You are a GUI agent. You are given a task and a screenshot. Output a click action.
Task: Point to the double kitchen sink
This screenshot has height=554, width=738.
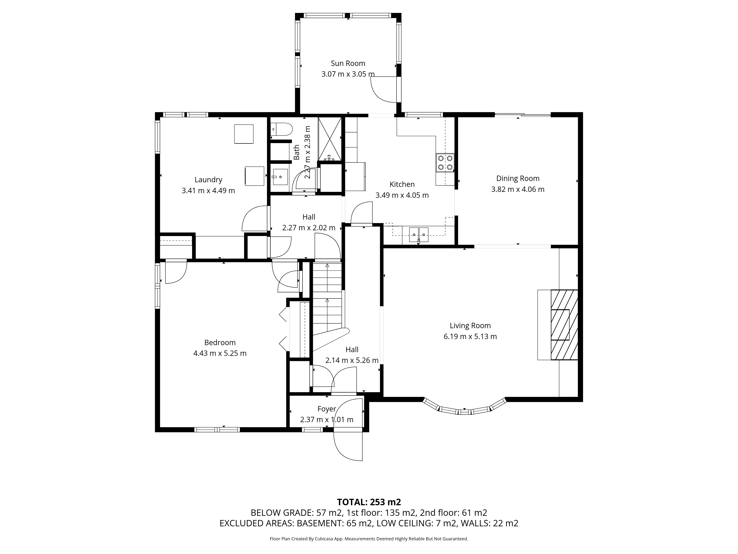tap(419, 234)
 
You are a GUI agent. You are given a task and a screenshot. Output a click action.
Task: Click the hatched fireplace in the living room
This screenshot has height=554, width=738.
tap(564, 325)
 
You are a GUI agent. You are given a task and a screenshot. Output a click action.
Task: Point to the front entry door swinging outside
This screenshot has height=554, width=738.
tap(348, 446)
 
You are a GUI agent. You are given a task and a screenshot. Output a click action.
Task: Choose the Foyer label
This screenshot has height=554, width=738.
tap(327, 409)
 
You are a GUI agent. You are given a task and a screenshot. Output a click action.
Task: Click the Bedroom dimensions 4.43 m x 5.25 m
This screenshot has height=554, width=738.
tap(220, 353)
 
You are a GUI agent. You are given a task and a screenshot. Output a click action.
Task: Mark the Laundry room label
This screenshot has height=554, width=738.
tap(208, 180)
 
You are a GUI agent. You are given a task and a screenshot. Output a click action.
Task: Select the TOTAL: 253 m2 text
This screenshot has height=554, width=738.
tap(369, 502)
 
